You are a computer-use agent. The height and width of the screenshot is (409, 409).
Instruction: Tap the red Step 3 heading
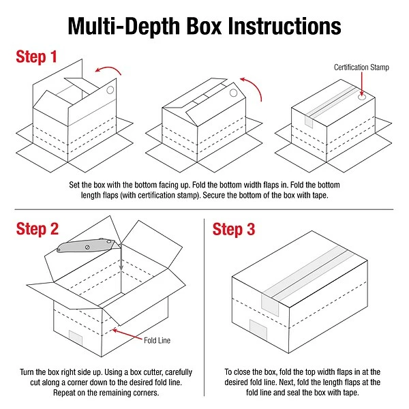click(234, 229)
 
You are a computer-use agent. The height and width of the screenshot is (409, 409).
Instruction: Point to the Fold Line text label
click(156, 338)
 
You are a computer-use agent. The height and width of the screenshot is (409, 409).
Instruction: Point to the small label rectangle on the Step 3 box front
click(258, 332)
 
